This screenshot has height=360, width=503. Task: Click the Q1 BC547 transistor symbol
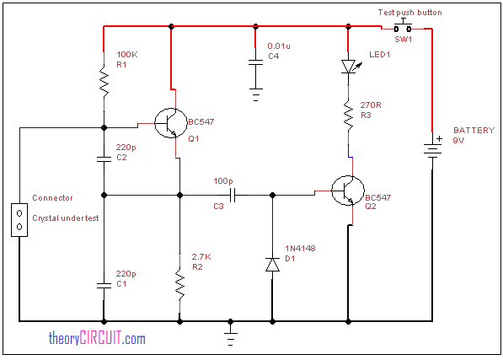171,123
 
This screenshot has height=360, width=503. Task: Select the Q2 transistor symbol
348,191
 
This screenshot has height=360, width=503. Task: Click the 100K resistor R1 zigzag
104,82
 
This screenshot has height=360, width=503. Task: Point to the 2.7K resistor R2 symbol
179,285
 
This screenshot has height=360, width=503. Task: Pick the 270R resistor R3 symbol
348,116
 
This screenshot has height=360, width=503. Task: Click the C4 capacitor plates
255,62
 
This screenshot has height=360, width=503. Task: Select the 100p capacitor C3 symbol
233,195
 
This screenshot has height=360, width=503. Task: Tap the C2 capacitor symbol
104,159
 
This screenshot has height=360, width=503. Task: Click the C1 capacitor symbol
104,285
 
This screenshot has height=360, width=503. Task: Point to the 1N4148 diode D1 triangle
273,265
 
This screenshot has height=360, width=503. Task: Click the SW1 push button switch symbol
403,27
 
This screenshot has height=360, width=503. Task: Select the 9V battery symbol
432,149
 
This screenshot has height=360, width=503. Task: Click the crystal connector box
19,220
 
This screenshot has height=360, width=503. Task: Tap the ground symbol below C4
255,95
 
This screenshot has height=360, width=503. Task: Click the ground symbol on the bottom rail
230,339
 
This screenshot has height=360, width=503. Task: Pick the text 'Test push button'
410,13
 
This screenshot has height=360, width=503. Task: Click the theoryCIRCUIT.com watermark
97,338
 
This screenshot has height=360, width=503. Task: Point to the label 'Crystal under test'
66,218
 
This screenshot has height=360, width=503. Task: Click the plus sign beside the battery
439,138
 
